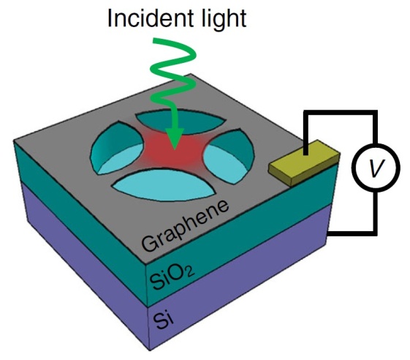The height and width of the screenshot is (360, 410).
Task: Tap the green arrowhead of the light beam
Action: click(x=175, y=139)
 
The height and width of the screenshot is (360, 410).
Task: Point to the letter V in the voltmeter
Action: click(x=376, y=168)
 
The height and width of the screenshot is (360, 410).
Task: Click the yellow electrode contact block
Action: click(x=305, y=163)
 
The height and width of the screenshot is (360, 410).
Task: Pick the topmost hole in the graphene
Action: click(x=181, y=121)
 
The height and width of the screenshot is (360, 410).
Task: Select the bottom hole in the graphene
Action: click(x=164, y=185)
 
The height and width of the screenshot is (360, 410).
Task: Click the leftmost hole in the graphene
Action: click(x=117, y=148)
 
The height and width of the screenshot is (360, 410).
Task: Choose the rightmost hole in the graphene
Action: click(x=229, y=157)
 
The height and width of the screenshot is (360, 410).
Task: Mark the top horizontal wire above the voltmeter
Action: click(x=340, y=113)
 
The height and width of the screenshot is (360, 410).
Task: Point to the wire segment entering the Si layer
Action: click(x=350, y=233)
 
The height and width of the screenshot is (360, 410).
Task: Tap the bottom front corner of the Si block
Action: click(x=150, y=350)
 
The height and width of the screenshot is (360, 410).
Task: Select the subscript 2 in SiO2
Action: click(x=189, y=273)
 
